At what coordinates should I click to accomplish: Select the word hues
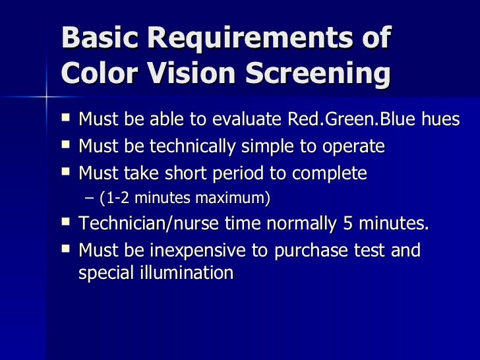pos(438,120)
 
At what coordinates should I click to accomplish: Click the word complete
pos(327,174)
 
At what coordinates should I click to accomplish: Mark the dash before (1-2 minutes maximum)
pos(90,198)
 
